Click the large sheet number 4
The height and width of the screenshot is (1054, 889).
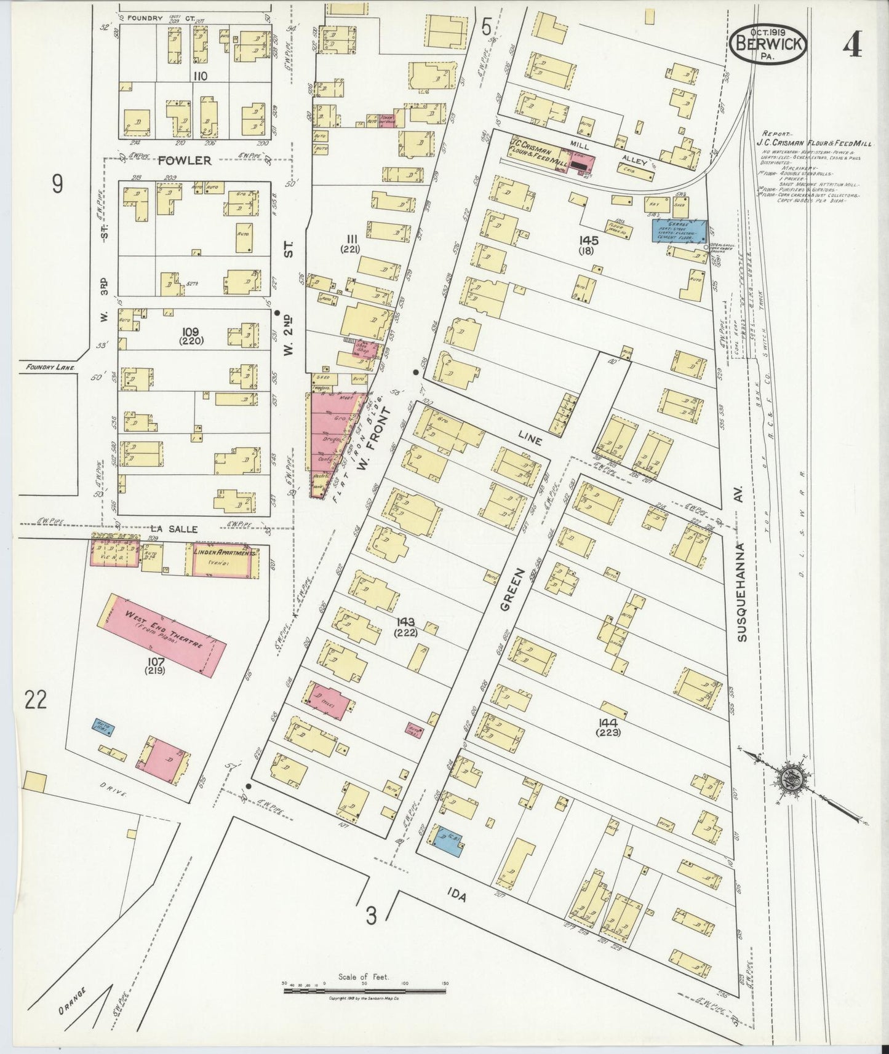[x=852, y=43]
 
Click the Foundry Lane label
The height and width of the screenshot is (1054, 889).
[x=50, y=368]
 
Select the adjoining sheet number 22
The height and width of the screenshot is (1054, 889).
[x=36, y=699]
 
